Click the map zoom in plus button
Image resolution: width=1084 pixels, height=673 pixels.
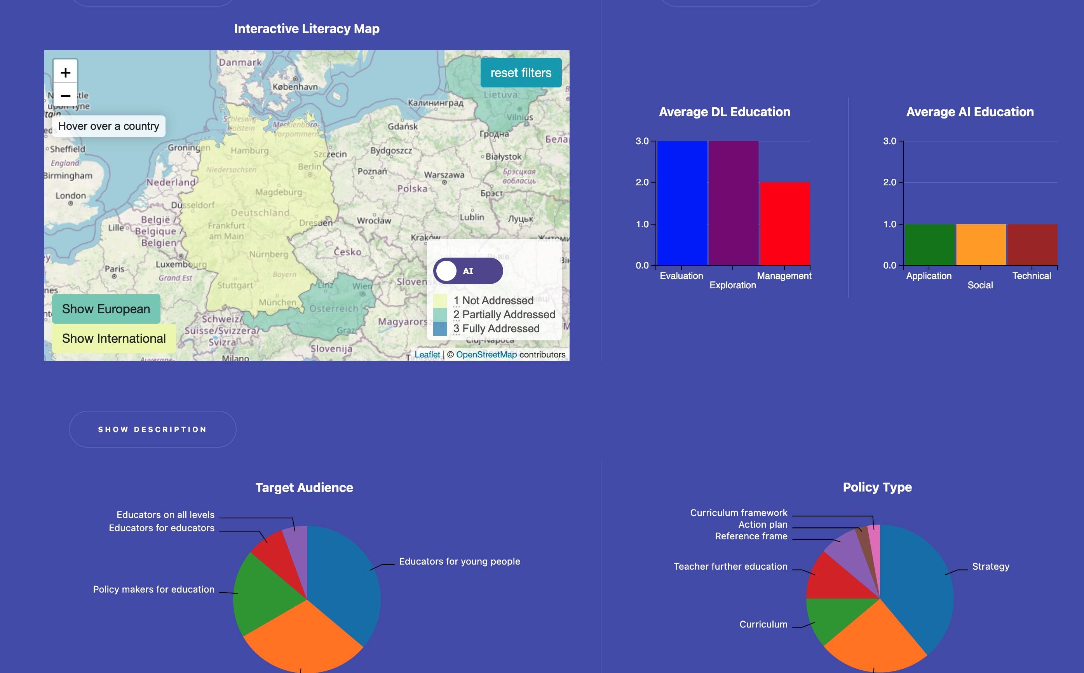[x=65, y=73]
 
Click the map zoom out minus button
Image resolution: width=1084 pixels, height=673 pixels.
[x=65, y=96]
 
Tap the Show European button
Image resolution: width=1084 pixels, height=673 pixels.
[x=106, y=309]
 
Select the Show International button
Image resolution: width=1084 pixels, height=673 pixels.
[x=113, y=338]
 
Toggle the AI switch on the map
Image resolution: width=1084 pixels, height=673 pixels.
[x=468, y=270]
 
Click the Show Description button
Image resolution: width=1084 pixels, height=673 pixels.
[x=153, y=429]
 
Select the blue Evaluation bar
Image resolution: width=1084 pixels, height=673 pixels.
[x=682, y=203]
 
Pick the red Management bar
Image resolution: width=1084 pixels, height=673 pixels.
[x=784, y=223]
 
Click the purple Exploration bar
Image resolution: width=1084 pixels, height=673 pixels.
[x=733, y=203]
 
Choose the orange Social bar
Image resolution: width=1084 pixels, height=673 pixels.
[x=981, y=244]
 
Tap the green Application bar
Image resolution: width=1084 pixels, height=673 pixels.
[x=930, y=244]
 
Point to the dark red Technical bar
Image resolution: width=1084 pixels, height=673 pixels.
[x=1032, y=244]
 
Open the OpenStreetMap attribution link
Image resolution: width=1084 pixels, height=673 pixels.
[x=486, y=355]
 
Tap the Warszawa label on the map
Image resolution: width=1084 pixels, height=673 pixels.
[x=444, y=175]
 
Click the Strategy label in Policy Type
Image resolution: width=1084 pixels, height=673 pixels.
[x=990, y=567]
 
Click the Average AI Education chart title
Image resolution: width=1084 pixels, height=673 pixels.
[x=970, y=112]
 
